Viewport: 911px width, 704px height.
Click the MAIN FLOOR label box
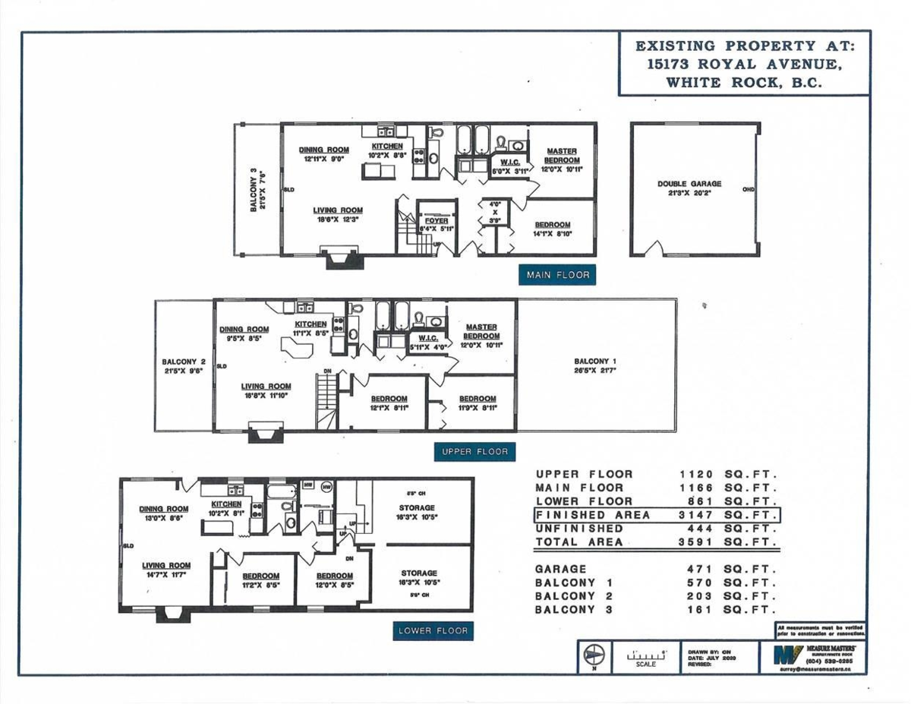pyautogui.click(x=558, y=275)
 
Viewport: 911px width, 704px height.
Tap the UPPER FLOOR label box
pyautogui.click(x=475, y=452)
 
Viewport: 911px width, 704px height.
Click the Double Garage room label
pyautogui.click(x=689, y=184)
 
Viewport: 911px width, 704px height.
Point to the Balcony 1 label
pyautogui.click(x=595, y=361)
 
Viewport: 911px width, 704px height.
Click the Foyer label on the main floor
pyautogui.click(x=436, y=221)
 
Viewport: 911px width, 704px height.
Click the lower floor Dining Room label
pyautogui.click(x=164, y=509)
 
